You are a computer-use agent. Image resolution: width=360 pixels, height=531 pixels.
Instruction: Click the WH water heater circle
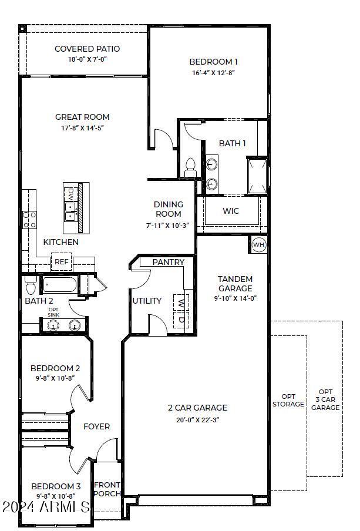point(259,244)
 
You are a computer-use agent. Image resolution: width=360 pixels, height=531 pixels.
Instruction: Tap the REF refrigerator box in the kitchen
point(61,262)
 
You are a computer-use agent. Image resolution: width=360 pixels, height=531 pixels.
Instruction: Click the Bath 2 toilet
point(31,287)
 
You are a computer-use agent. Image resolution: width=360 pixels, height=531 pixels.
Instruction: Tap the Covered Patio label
point(87,49)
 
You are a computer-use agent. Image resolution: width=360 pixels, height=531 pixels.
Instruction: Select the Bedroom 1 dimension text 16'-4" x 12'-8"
point(214,73)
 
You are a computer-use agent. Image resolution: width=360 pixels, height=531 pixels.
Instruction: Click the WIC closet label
point(230,211)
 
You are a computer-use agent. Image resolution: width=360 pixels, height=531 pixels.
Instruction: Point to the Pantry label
point(169,262)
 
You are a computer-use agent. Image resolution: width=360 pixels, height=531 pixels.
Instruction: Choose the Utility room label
point(147,301)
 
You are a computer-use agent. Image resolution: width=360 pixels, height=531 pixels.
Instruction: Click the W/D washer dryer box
point(181,311)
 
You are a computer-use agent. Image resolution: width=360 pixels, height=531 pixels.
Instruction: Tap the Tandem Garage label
point(235,284)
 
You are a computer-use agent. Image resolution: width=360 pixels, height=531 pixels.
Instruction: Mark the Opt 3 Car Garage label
point(325,399)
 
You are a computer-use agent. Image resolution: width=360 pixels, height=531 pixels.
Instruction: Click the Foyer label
point(96,426)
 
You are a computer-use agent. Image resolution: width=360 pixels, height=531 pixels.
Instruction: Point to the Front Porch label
point(107,489)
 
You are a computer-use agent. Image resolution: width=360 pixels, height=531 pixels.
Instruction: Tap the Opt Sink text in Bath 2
point(53,312)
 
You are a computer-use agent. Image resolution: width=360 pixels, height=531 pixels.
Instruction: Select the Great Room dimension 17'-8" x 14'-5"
point(82,128)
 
